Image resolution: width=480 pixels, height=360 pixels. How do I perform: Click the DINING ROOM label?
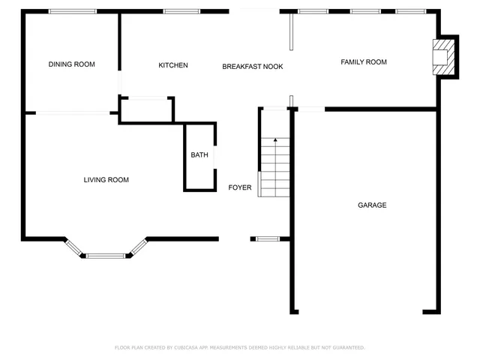point(72,64)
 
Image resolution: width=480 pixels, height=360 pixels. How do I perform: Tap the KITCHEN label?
point(173,65)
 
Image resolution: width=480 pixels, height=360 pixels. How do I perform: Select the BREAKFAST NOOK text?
point(252,67)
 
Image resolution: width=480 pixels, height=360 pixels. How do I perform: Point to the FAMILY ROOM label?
point(364,62)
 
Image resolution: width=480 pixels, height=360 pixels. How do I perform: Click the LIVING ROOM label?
point(106,180)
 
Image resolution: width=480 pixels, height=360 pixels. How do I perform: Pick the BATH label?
point(199,155)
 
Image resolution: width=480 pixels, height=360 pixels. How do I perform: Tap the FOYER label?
point(240,187)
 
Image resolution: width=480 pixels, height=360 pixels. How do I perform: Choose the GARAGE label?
point(372,205)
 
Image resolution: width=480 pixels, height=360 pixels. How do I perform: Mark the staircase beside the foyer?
point(274,165)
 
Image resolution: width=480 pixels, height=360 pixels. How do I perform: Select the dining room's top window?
point(73,11)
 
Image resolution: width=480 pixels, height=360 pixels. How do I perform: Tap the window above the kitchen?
point(181,11)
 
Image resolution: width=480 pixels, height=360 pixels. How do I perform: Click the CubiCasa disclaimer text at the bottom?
point(240,347)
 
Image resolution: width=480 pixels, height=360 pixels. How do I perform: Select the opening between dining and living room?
point(73,113)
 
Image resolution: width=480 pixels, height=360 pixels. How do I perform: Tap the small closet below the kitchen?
point(147,109)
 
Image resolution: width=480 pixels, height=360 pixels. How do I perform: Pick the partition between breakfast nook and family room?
point(291,30)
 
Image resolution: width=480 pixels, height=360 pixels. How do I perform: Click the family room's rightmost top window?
point(410,11)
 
